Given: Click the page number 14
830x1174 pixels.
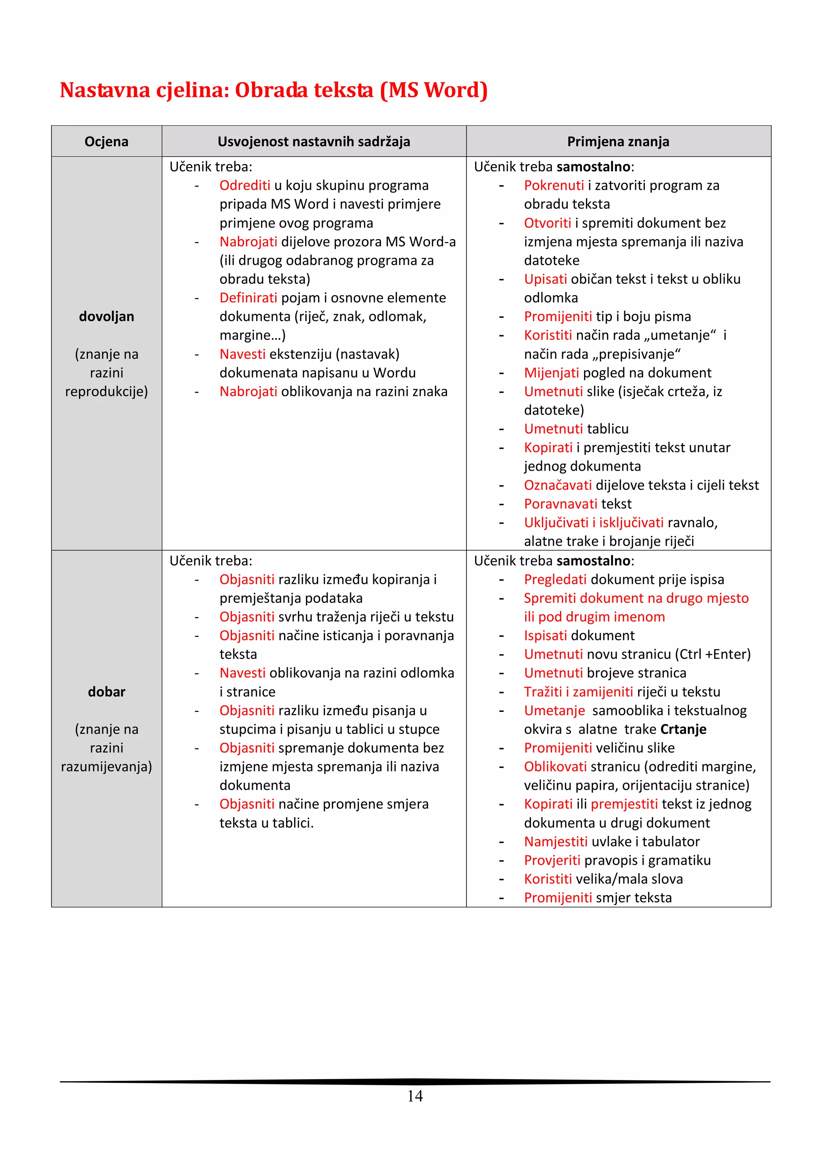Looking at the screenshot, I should coord(415,1096).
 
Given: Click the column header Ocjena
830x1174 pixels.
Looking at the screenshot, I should coord(106,141).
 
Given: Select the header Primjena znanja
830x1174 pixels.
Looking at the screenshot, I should coord(618,141).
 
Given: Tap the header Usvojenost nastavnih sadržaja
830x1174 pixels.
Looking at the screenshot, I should coord(313,141).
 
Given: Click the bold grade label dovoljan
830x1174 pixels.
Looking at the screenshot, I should coord(106,317).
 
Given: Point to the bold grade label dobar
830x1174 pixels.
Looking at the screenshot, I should coord(106,692).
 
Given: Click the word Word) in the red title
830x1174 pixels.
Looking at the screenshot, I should coord(456,90).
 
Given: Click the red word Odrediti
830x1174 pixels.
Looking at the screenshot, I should coord(245,185).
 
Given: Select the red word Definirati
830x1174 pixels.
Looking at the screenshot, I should coord(248,298).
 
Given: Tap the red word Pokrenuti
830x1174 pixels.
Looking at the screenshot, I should coord(554,185).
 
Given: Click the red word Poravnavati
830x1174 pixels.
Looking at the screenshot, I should coord(560,503).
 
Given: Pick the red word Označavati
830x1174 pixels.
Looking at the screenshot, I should coord(558,485).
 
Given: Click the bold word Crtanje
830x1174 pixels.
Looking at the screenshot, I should coord(683,729).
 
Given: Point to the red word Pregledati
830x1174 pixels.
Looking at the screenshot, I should coord(555,579).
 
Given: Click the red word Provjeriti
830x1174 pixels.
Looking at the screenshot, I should coord(552,860).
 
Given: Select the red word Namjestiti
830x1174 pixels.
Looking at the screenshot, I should coord(556,842).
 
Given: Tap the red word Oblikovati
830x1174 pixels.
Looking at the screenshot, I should coord(555,767).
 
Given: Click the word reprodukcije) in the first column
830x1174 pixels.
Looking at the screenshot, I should coord(106,392).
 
